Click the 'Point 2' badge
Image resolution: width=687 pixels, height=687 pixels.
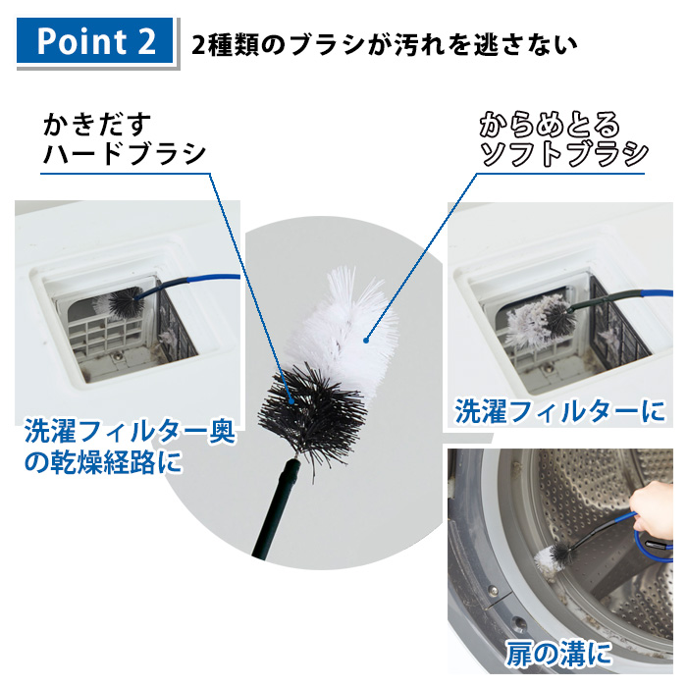(95, 40)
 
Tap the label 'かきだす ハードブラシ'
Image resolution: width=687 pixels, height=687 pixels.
(124, 140)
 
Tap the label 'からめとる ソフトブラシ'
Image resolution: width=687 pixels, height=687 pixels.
(562, 140)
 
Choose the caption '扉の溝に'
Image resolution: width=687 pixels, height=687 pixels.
(557, 653)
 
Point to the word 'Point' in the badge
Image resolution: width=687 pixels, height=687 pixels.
(74, 41)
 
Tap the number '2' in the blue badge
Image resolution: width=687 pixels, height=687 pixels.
(143, 41)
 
